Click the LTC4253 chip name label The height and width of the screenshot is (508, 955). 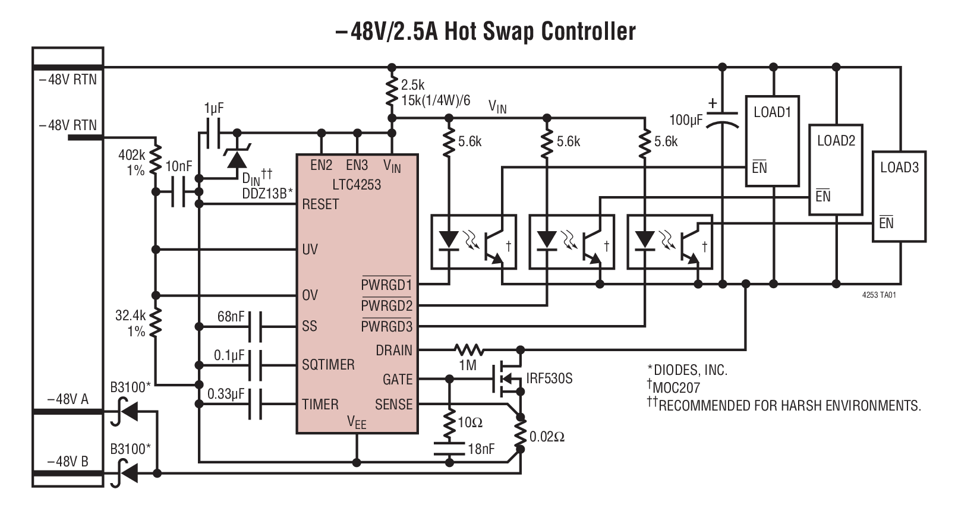tap(357, 184)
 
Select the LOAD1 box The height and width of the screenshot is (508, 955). tap(772, 141)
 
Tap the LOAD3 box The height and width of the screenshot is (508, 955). tap(899, 196)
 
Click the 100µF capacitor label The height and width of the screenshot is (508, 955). tap(686, 120)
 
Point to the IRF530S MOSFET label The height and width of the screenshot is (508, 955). tap(549, 378)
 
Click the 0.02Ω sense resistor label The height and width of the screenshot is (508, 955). tap(547, 437)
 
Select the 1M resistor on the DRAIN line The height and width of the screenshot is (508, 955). tap(469, 349)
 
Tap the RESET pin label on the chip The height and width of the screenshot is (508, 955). tap(320, 204)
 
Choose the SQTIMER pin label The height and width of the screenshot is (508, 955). tap(328, 365)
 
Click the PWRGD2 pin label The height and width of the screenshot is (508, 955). tap(386, 306)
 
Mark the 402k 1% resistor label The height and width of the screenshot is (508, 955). tap(132, 162)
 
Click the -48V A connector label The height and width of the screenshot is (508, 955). tap(68, 399)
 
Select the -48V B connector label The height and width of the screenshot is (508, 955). tap(68, 462)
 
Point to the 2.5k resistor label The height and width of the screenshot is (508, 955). tap(412, 85)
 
